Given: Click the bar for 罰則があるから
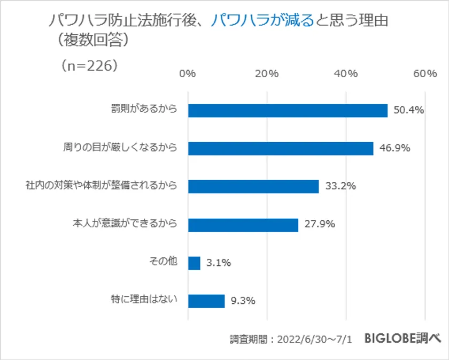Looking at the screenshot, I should pos(288,110).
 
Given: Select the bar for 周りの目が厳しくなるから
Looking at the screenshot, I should pos(281,148).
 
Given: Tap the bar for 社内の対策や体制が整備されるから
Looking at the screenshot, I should pos(253,186).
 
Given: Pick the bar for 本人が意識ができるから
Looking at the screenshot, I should pos(243,225).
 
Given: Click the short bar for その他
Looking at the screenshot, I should pos(194,263).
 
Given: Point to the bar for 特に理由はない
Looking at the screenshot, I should pos(206,301).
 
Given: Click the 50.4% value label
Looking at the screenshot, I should pos(408,111).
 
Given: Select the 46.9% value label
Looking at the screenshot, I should pos(394,149).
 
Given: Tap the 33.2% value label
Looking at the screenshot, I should pos(340,187).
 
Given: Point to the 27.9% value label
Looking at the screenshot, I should pos(319,225).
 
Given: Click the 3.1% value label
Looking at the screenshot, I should pos(219,263).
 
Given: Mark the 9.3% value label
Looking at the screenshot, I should pos(243,301).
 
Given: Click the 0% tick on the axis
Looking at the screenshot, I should pos(188,74).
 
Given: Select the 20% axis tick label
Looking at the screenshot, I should pos(267,74).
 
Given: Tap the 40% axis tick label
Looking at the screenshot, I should pos(345,74).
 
